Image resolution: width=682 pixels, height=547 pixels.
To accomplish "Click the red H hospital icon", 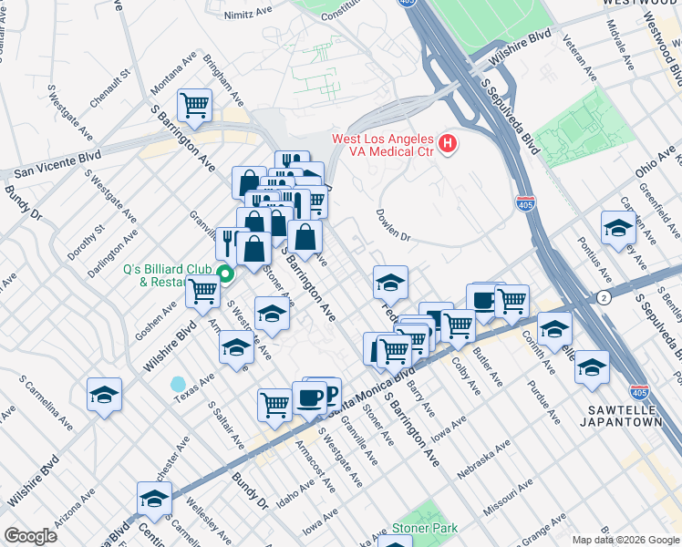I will tap(447, 143).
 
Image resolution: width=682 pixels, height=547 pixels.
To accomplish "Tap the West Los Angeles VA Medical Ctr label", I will tap(382, 145).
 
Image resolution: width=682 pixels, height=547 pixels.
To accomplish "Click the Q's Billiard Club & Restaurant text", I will tap(168, 275).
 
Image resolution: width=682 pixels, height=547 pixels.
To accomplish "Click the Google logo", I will tap(30, 535).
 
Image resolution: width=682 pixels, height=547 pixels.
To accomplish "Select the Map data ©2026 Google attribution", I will tap(625, 540).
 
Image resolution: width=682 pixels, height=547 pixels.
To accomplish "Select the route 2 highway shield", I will tap(604, 297).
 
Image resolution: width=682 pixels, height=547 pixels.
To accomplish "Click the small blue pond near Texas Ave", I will tap(178, 384).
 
